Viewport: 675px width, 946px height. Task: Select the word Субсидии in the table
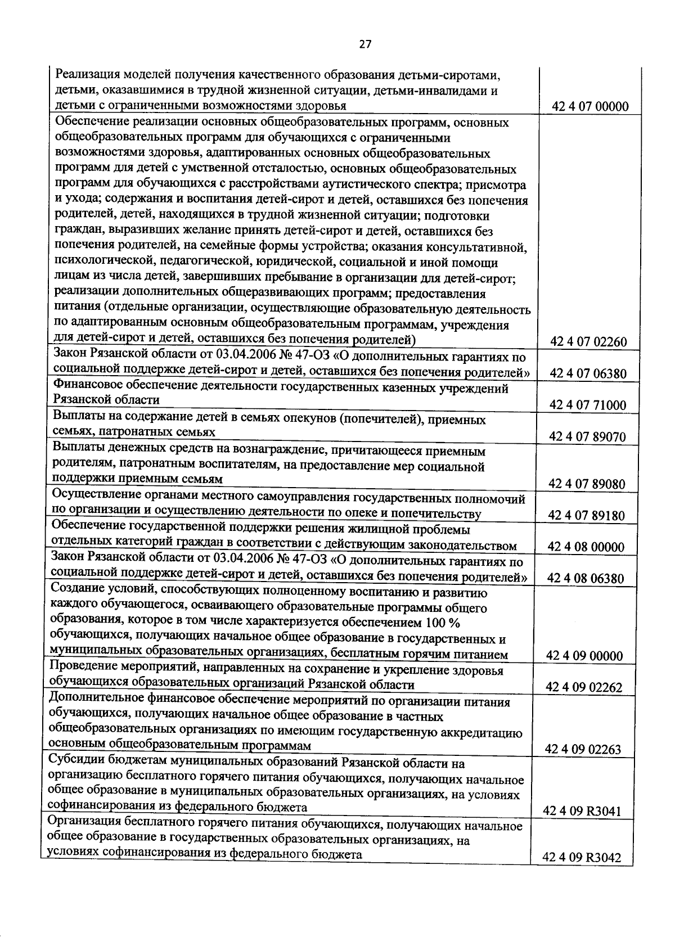pos(74,763)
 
